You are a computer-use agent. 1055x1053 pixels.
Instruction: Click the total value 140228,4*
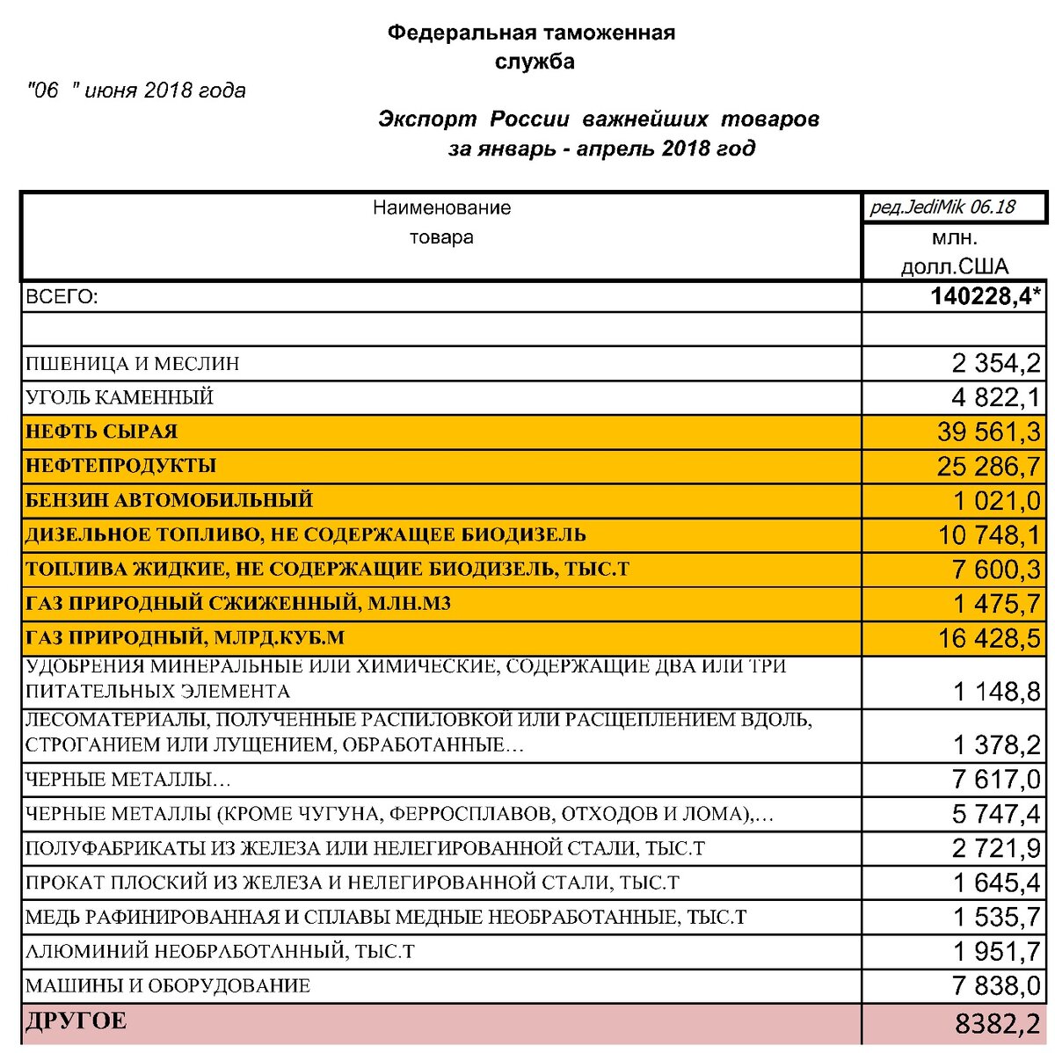tap(986, 296)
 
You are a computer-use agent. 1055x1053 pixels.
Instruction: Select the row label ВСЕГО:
tap(62, 297)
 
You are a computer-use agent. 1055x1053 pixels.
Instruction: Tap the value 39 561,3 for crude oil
tap(988, 432)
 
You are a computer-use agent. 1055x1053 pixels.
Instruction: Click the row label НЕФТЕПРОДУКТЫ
tap(120, 466)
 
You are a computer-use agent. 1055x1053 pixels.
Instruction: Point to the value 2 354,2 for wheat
tap(995, 363)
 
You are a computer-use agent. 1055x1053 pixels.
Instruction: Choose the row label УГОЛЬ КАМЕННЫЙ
tap(120, 397)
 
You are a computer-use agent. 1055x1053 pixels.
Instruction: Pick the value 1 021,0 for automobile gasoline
tap(996, 500)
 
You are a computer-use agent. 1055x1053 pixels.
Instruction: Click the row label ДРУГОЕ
tap(76, 1021)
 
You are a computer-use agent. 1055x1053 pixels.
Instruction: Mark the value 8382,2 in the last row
tap(996, 1022)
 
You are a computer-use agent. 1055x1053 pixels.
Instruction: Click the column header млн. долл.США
tap(954, 252)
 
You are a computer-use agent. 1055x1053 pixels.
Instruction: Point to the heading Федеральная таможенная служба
tap(532, 47)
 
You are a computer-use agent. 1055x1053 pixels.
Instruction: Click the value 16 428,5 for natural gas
tap(988, 637)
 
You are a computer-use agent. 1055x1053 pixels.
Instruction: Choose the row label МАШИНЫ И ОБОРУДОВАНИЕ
tap(167, 986)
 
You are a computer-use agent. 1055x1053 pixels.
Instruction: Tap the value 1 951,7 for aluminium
tap(996, 951)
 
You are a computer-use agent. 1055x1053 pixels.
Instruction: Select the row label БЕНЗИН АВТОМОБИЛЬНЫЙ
tap(169, 500)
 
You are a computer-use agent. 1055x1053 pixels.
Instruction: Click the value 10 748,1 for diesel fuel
tap(988, 534)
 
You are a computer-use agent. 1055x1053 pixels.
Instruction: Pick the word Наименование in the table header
tap(441, 208)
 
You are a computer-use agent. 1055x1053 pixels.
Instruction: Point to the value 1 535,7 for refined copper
tap(996, 917)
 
